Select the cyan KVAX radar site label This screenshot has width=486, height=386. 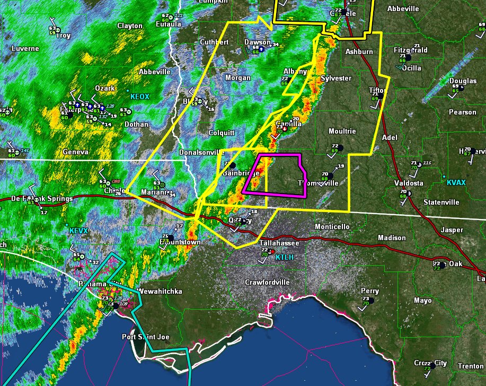tap(456, 182)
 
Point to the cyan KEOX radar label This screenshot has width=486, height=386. tap(140, 96)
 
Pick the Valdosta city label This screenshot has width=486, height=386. tap(408, 183)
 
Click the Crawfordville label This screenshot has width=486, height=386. tap(267, 282)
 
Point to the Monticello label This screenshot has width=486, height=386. tap(332, 226)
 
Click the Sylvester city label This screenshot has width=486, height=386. tap(336, 78)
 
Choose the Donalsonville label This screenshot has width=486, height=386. tap(202, 152)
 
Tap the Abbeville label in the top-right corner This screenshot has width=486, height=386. tap(403, 8)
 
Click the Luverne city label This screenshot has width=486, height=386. tap(25, 48)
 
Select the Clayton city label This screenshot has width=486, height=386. tap(130, 25)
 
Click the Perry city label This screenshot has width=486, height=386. tap(370, 291)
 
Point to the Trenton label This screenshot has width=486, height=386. tap(471, 366)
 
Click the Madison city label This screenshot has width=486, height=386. tap(392, 238)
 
